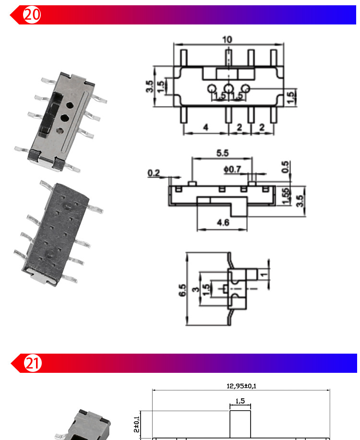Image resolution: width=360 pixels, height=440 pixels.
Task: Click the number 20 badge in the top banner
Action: point(32,14)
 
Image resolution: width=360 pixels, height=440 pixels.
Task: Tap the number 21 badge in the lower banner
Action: point(33,363)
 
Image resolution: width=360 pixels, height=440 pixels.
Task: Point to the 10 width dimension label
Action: point(227,39)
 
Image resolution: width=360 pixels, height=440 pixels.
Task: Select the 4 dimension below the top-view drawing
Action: point(206,128)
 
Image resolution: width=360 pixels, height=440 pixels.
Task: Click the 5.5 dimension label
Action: point(222,153)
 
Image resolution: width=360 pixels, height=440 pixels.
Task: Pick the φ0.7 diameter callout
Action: point(232,169)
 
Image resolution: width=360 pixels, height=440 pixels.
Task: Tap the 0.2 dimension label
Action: point(154,173)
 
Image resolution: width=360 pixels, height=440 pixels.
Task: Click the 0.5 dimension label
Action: point(285,167)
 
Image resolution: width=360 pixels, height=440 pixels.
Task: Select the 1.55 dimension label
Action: point(286,196)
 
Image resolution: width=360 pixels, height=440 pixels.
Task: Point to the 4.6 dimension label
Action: point(223,223)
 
